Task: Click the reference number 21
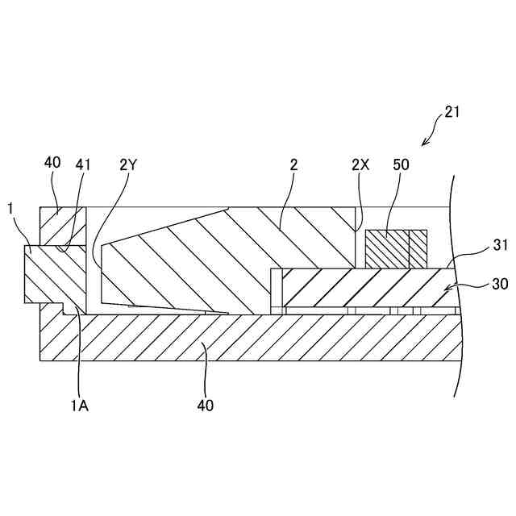pos(452,112)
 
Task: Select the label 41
pos(83,165)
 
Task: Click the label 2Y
pos(129,165)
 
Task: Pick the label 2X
pos(360,165)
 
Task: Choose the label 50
pos(401,165)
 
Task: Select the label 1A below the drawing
pos(79,406)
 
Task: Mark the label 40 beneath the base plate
pos(206,406)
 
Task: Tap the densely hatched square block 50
pos(387,248)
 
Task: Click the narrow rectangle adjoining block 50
pos(418,248)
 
